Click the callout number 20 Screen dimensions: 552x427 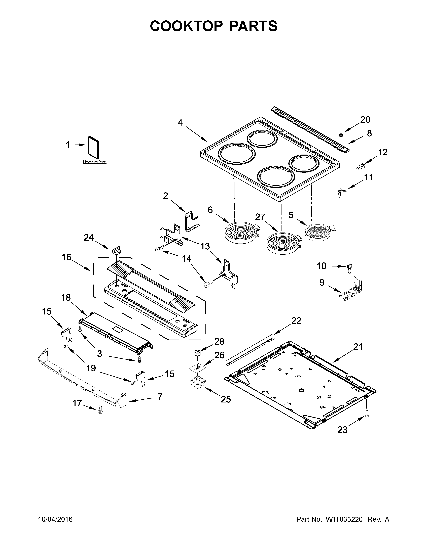pyautogui.click(x=365, y=120)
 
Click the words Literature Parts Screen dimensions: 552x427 pyautogui.click(x=95, y=162)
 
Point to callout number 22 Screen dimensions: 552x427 pyautogui.click(x=296, y=320)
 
